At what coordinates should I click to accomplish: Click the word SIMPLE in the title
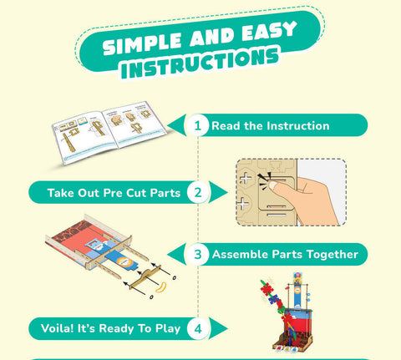141,43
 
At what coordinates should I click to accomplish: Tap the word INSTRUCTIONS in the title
200,63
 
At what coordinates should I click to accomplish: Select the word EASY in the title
269,32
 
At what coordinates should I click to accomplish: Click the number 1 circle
197,125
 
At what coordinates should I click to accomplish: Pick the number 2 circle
198,192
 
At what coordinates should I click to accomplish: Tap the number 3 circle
197,254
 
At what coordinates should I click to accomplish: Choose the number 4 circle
198,329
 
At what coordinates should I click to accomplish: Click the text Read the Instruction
271,126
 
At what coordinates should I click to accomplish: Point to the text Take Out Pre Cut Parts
114,193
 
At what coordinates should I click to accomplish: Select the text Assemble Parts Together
285,255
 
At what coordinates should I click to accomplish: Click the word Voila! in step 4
57,328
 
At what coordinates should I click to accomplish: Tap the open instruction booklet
109,133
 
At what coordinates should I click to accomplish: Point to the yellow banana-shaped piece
161,287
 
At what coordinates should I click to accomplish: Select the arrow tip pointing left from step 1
168,125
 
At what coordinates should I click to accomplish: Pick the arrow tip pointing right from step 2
227,192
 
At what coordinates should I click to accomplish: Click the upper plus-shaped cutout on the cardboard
246,178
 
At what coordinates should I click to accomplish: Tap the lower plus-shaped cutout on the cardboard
243,204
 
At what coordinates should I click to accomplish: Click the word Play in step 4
168,329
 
